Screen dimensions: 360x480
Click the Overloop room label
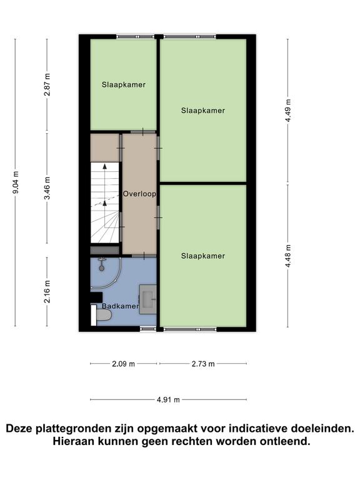[x=139, y=194]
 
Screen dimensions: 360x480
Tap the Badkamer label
[x=120, y=306]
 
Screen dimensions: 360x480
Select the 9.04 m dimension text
[x=16, y=182]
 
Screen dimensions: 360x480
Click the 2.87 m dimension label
[x=47, y=85]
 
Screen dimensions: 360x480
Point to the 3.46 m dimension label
[x=47, y=188]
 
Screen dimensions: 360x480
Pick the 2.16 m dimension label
[x=47, y=292]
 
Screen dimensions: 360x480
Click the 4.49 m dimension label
[x=288, y=111]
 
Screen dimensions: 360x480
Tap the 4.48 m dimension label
[x=288, y=256]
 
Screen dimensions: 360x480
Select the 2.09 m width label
[x=123, y=364]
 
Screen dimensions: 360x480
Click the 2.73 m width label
[x=203, y=364]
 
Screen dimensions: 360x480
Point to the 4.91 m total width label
[x=168, y=400]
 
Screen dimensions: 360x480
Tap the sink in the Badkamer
[x=148, y=299]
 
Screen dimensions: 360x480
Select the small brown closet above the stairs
[x=105, y=147]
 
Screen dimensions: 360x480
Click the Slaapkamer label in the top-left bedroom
[x=124, y=85]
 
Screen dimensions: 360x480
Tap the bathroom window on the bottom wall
[x=148, y=329]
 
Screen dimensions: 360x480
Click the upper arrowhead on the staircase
[x=105, y=166]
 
